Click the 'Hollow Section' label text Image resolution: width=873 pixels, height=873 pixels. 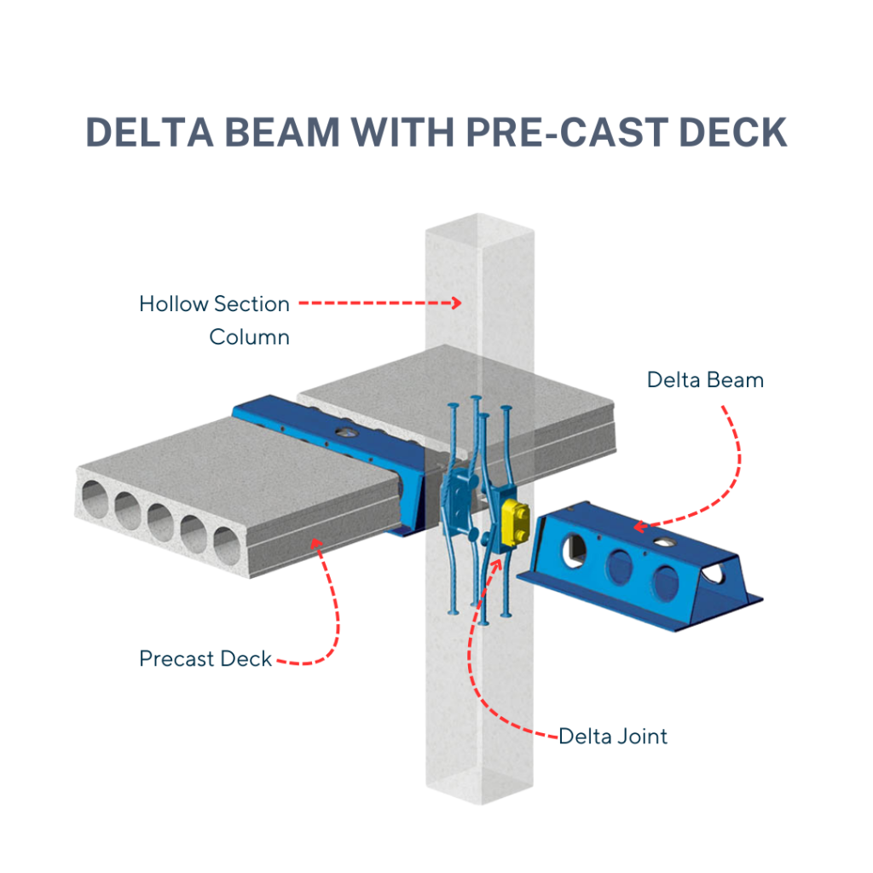pos(215,304)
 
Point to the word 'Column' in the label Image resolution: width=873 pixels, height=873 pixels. pos(250,337)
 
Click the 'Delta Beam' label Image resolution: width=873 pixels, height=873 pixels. pos(705,379)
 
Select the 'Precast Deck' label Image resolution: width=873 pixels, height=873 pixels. pos(205,659)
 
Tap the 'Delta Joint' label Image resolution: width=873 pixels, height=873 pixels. pos(613,736)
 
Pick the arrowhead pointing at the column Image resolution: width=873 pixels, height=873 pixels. pos(457,302)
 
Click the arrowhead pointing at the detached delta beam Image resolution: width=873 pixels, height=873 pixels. pos(639,528)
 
